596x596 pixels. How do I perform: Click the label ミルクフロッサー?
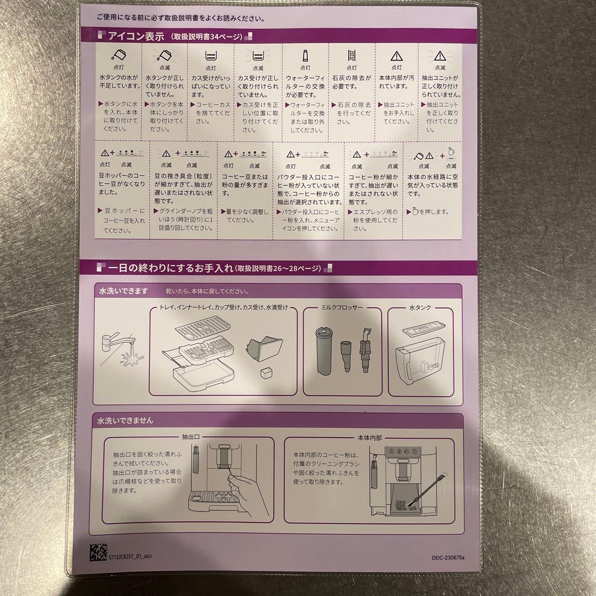coord(342,307)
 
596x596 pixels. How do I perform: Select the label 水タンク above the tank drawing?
coord(420,307)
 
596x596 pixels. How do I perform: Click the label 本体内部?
coord(369,437)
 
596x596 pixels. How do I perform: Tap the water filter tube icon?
coord(305,55)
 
